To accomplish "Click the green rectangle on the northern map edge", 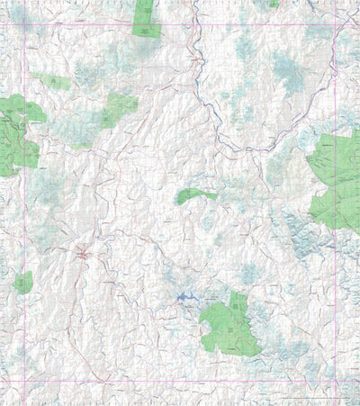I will (x=145, y=18).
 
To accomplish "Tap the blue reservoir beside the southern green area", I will (x=188, y=296).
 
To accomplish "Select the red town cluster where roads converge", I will (x=83, y=255).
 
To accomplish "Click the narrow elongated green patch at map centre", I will (x=194, y=195).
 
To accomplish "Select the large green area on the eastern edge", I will (x=337, y=180).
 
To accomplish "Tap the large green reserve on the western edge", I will (x=16, y=135).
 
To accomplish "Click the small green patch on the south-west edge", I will (x=23, y=282).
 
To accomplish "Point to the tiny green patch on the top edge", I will (x=272, y=4).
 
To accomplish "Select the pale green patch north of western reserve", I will (x=56, y=82).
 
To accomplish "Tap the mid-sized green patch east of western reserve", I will (x=119, y=108).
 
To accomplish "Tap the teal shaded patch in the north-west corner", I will (x=27, y=18).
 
